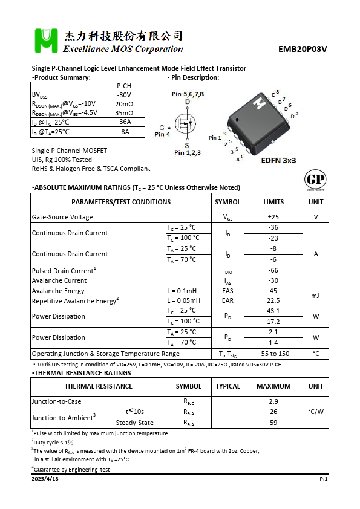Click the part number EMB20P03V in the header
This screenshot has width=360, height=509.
click(303, 50)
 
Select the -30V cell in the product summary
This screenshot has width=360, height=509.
click(124, 95)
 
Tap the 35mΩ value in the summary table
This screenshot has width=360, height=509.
click(124, 113)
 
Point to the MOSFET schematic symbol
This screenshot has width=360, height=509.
click(186, 124)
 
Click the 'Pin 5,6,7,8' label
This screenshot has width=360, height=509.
click(188, 94)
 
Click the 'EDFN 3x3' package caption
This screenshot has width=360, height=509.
click(278, 161)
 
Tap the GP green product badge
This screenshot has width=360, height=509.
click(315, 180)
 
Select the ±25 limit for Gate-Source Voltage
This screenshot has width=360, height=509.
click(273, 217)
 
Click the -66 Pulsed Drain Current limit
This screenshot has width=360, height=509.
click(273, 270)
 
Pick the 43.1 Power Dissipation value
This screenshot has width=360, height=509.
click(273, 311)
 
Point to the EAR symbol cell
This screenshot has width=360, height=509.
click(227, 300)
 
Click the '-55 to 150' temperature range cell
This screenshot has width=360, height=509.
click(273, 354)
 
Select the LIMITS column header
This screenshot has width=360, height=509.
click(273, 202)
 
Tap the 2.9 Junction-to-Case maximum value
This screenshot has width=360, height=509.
click(273, 401)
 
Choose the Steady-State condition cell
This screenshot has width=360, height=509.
click(134, 423)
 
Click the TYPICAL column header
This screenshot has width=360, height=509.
click(227, 386)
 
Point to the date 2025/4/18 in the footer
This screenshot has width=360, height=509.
click(45, 478)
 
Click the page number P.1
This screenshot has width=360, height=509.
click(323, 478)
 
